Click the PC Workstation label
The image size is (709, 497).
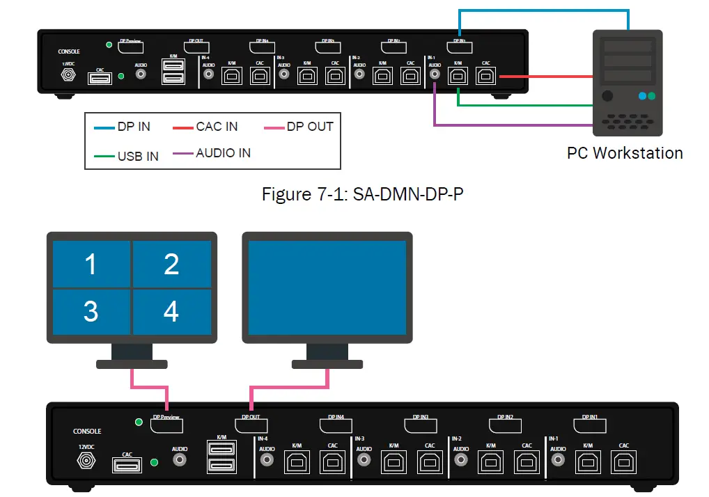(625, 153)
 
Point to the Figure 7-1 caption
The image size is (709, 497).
(362, 194)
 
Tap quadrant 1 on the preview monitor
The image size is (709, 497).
(91, 265)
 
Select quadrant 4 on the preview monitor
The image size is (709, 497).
(171, 312)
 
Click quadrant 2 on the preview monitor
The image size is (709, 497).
(171, 265)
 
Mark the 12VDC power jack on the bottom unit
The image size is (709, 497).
(87, 461)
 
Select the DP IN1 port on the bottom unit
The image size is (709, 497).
(589, 425)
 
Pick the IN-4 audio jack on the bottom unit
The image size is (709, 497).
(266, 460)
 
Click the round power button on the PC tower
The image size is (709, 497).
(607, 96)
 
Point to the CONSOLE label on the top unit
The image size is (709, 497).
(69, 52)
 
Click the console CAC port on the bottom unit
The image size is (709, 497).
(127, 464)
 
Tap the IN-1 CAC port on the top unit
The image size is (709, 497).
(486, 75)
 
